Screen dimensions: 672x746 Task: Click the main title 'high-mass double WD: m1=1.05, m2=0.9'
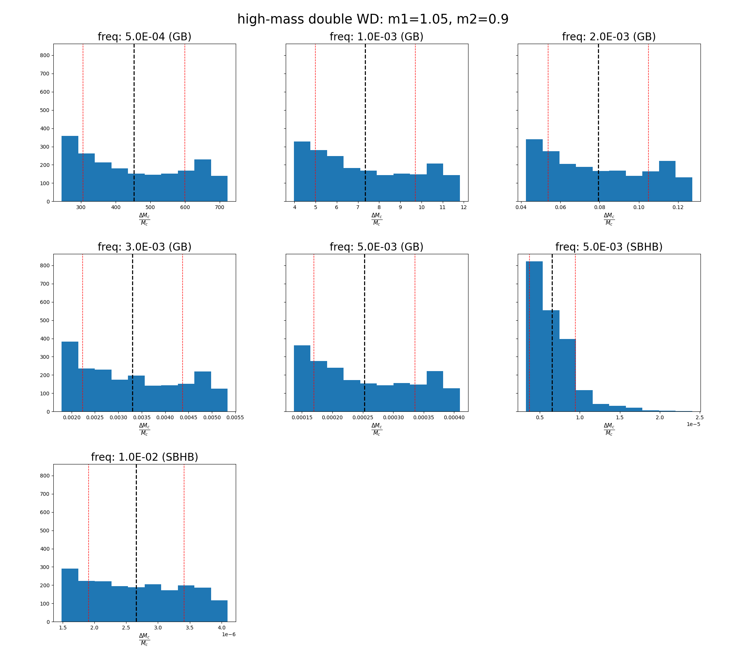[x=373, y=19]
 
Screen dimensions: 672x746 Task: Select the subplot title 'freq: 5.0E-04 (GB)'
[x=144, y=37]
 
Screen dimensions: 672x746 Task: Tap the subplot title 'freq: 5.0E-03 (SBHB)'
[x=609, y=247]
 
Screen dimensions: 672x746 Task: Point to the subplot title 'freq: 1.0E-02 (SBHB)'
[x=144, y=457]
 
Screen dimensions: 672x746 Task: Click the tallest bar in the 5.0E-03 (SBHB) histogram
[x=534, y=336]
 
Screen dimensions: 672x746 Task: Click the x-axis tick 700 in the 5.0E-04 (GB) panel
[x=220, y=208]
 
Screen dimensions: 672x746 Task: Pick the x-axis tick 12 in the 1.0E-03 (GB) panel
[x=464, y=208]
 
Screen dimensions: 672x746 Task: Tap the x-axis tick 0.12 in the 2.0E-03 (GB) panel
[x=678, y=208]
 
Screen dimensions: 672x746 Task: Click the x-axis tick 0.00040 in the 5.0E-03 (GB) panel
[x=454, y=418]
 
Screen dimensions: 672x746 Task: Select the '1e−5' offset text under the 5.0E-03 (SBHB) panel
[x=693, y=424]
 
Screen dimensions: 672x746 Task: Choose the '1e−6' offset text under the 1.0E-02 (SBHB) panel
[x=229, y=634]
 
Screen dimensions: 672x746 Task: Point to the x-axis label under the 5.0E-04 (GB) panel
[x=144, y=219]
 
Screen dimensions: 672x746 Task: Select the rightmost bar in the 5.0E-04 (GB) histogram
[x=219, y=189]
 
